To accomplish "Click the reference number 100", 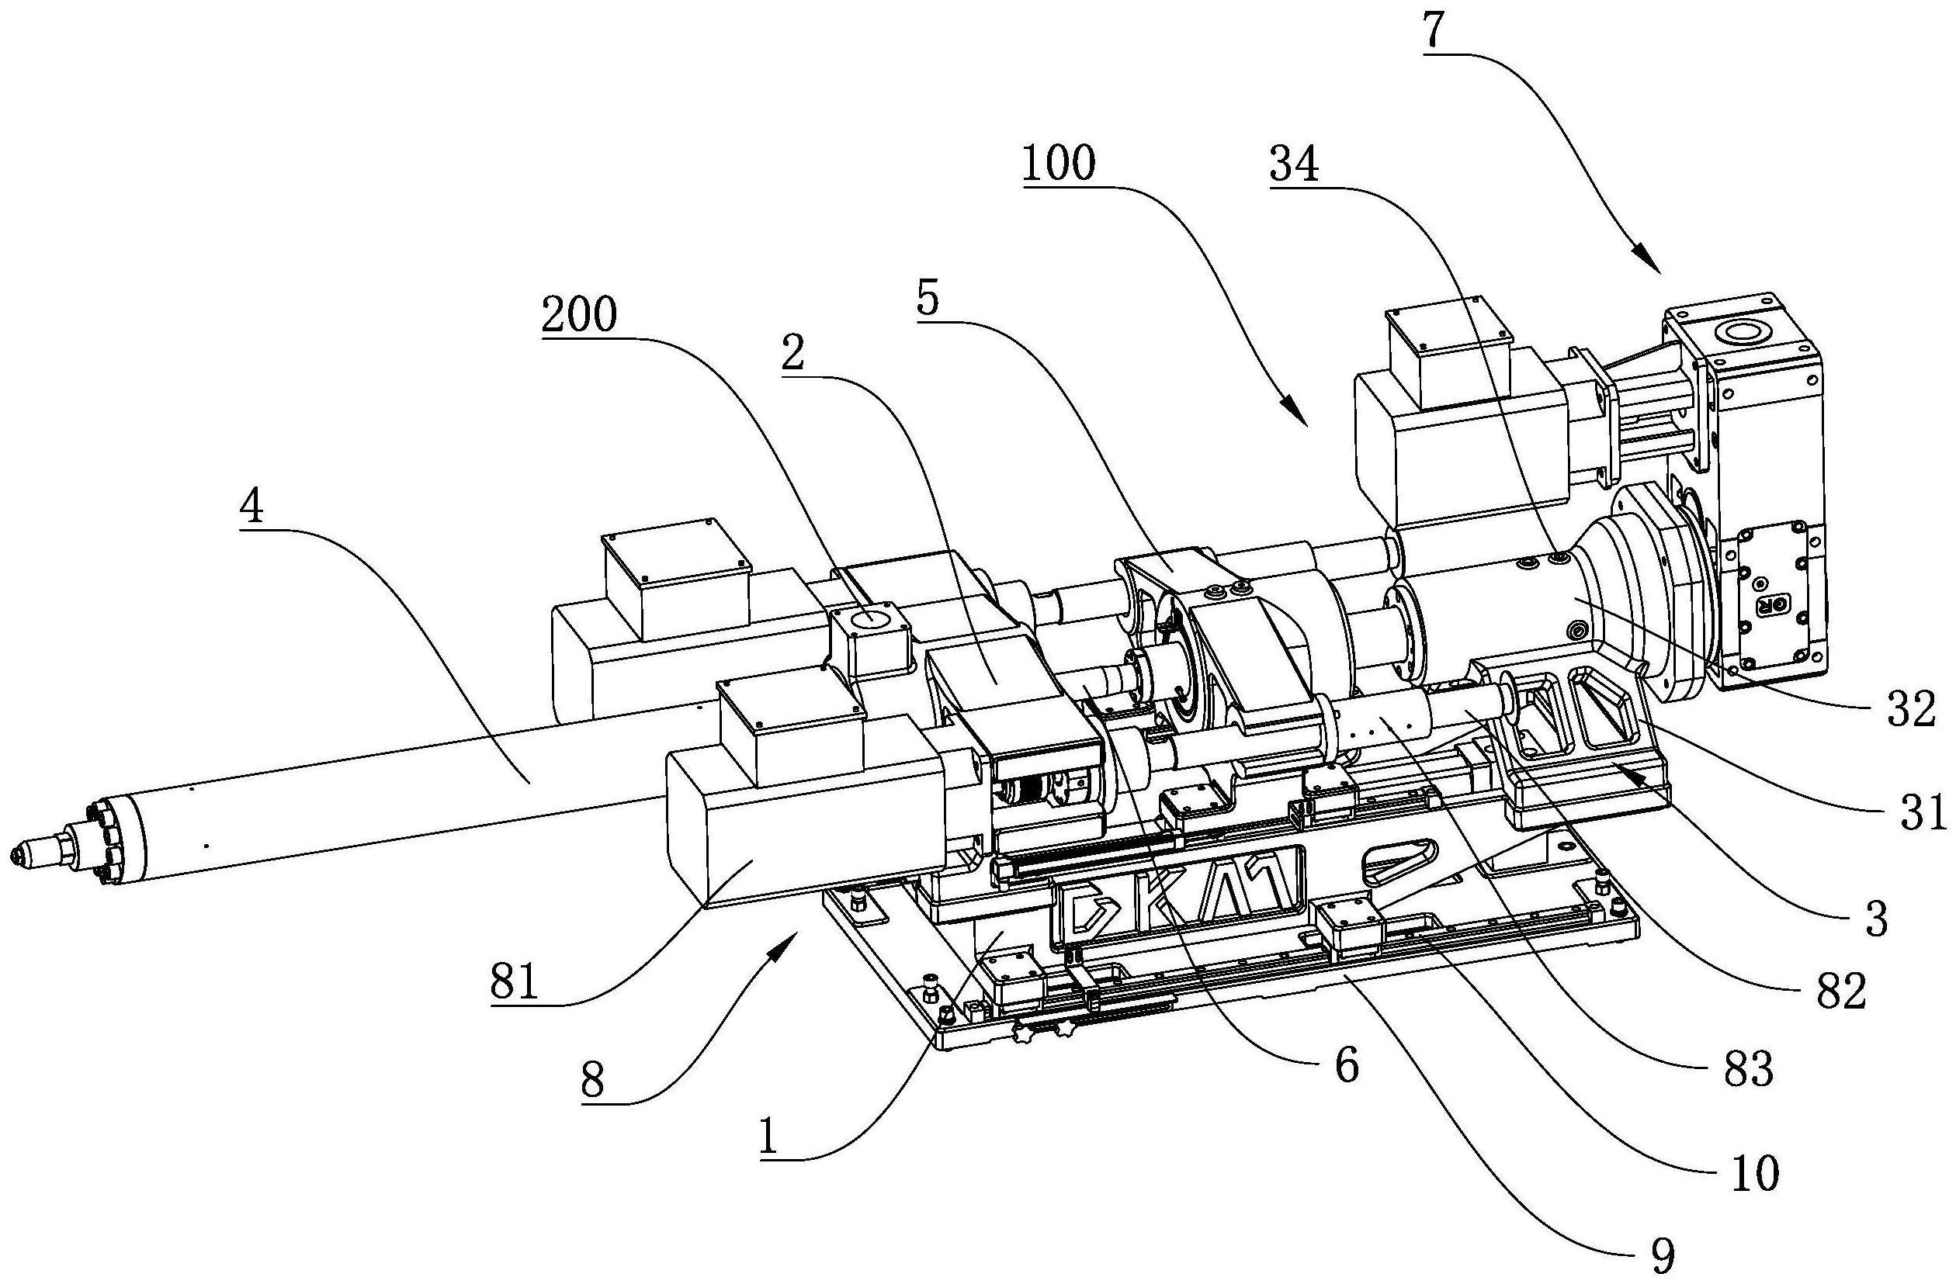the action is pos(1059,164).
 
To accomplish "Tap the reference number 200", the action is pos(579,316).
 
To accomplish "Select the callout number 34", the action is pos(1295,166).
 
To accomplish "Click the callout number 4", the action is pos(252,508).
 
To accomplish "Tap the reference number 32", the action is pos(1911,711).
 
